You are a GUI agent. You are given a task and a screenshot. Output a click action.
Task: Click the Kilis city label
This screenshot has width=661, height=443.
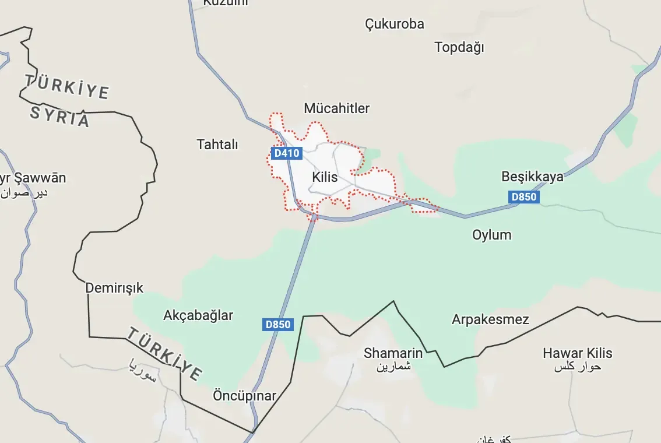pos(325,177)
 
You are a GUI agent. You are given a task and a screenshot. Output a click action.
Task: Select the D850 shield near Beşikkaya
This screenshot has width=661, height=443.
pos(523,197)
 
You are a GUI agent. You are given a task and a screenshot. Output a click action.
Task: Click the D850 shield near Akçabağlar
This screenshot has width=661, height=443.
pos(277,325)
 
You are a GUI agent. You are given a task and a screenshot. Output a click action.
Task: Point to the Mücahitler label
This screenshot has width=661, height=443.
pos(337,108)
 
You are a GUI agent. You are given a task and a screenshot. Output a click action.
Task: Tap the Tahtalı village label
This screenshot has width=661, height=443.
pos(217,145)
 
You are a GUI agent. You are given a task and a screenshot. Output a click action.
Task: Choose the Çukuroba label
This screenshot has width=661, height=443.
pos(395,24)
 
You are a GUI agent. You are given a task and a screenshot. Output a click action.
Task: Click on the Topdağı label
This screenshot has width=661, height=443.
pos(459,48)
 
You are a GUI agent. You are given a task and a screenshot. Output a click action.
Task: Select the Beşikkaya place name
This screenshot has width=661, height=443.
pos(533,177)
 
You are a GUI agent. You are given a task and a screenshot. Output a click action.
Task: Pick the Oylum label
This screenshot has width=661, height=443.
pos(491,235)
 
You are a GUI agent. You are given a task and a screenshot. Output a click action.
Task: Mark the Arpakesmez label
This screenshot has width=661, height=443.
pos(490,319)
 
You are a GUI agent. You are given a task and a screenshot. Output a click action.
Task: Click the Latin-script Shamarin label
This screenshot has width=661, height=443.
pos(393,353)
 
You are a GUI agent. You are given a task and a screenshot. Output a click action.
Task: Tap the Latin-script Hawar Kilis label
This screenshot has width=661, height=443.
pos(578,353)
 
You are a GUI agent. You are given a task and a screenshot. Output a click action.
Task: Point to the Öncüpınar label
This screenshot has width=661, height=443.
pos(244,396)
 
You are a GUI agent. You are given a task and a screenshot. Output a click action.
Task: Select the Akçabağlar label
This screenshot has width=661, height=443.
pos(198,316)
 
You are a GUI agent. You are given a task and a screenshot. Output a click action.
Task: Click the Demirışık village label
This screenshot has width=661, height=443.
pos(114,288)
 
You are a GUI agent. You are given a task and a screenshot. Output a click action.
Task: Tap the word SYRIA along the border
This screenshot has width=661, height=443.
pos(60,117)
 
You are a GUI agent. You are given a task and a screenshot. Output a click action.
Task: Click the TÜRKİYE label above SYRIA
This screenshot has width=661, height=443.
pos(66,86)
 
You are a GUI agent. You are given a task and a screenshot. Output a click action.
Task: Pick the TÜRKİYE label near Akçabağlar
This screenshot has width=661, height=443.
pos(165,353)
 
